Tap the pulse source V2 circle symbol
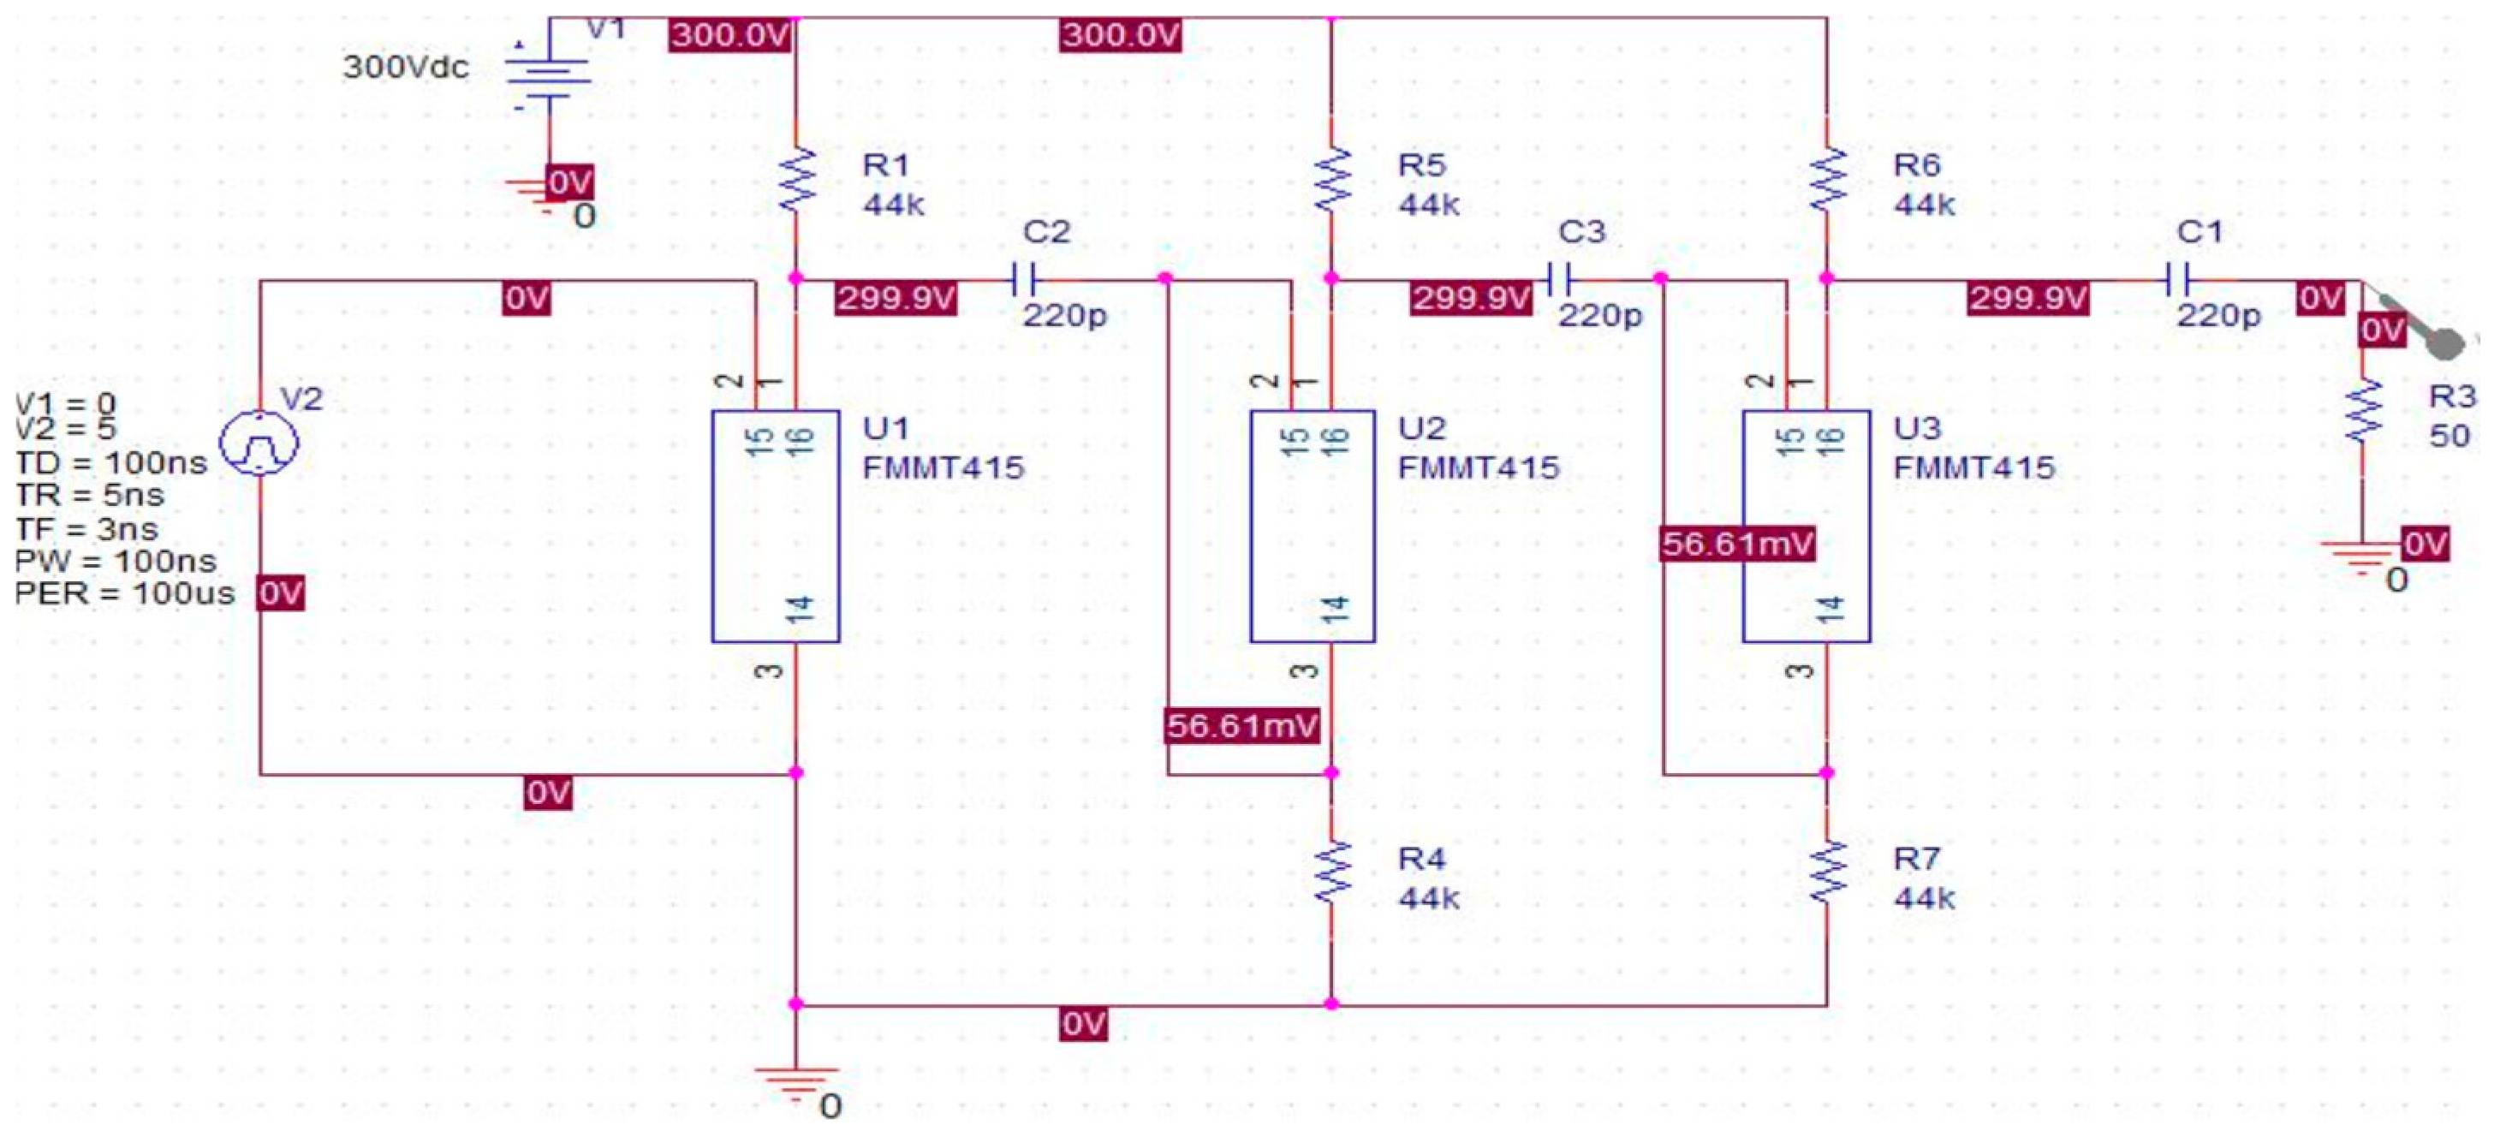(259, 443)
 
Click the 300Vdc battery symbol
(549, 73)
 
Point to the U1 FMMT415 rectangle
(776, 526)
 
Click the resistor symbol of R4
(1332, 872)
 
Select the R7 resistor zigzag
(1828, 872)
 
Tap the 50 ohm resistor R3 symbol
(2362, 412)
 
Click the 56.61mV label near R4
(1243, 725)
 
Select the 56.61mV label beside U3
(1738, 544)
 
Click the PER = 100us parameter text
(124, 592)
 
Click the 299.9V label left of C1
(2027, 298)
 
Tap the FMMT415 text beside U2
(1479, 467)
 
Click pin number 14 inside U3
(1830, 608)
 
